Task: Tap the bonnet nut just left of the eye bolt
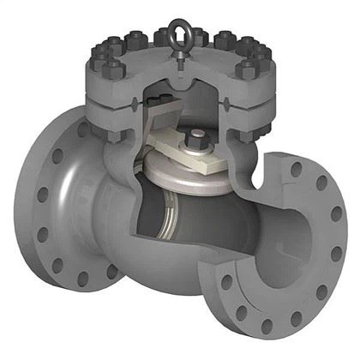pyautogui.click(x=163, y=37)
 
